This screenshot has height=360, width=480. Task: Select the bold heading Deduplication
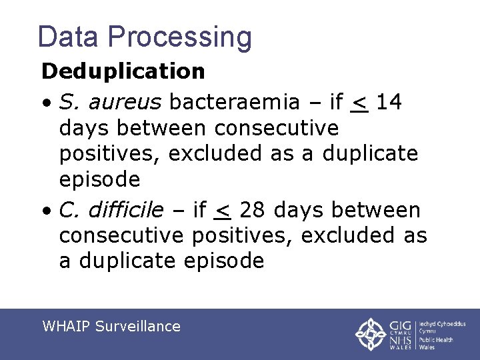[123, 71]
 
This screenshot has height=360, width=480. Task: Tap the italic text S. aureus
[111, 101]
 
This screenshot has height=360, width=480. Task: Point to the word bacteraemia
[234, 101]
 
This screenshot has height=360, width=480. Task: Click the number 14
[388, 101]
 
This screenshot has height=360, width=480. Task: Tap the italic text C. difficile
[111, 211]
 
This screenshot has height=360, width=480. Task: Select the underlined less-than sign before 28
[223, 212]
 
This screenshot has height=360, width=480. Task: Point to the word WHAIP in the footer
[66, 326]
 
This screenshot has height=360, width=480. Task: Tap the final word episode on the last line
[224, 261]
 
